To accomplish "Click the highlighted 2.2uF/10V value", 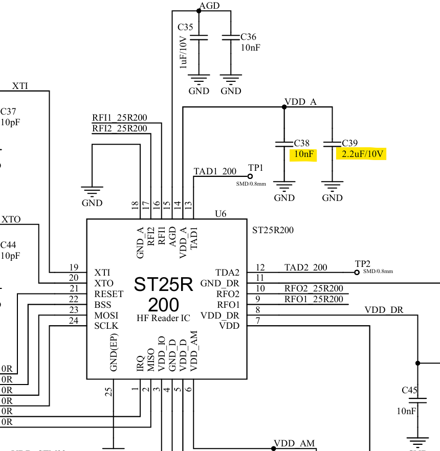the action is [x=362, y=154].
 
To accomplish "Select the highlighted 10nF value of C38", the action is [x=303, y=154].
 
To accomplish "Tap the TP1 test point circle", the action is [x=250, y=176].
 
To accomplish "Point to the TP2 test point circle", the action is [x=357, y=273].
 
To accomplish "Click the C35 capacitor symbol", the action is [x=199, y=38].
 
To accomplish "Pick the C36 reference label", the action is [x=248, y=37].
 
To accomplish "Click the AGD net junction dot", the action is [x=199, y=11].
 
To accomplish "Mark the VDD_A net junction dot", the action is [x=284, y=107].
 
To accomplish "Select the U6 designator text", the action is [x=221, y=214].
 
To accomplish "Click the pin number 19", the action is [x=74, y=267].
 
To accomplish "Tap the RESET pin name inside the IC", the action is [x=109, y=294].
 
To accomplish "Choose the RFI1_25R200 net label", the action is [x=119, y=118].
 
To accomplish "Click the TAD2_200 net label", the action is [x=305, y=267].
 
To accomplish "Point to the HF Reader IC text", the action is [x=163, y=318].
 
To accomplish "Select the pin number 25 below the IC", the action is [x=108, y=392].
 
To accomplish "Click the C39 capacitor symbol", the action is [x=333, y=144].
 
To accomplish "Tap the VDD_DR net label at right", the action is [x=384, y=310].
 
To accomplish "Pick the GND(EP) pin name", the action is [x=114, y=352].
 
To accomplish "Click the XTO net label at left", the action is [x=11, y=219].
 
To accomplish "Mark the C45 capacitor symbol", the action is [x=417, y=400].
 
